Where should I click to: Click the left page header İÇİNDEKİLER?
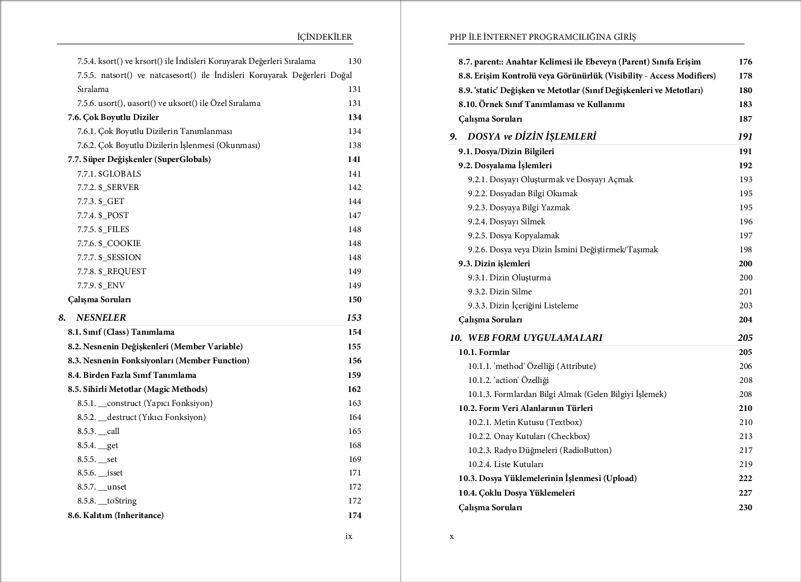pyautogui.click(x=325, y=37)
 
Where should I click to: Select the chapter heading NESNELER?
pyautogui.click(x=101, y=317)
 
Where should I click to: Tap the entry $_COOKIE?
pyautogui.click(x=119, y=243)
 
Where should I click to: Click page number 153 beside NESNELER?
pyautogui.click(x=354, y=317)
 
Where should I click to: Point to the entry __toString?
pyautogui.click(x=117, y=501)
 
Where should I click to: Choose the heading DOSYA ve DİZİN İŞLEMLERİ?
pyautogui.click(x=531, y=136)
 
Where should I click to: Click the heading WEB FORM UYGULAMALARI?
pyautogui.click(x=535, y=338)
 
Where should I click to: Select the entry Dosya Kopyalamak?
pyautogui.click(x=524, y=235)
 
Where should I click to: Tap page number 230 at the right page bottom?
pyautogui.click(x=745, y=507)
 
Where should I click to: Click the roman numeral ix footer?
pyautogui.click(x=349, y=536)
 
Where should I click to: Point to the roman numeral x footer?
pyautogui.click(x=452, y=537)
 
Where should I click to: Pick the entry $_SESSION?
pyautogui.click(x=119, y=257)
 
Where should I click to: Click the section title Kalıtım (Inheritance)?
pyautogui.click(x=123, y=515)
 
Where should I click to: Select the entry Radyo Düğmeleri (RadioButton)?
pyautogui.click(x=552, y=450)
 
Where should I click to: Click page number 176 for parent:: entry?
pyautogui.click(x=745, y=62)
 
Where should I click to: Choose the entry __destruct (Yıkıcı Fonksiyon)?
pyautogui.click(x=152, y=417)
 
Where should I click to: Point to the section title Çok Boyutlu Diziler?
pyautogui.click(x=121, y=117)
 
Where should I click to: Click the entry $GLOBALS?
pyautogui.click(x=119, y=174)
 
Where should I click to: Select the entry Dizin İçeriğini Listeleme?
pyautogui.click(x=534, y=306)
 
